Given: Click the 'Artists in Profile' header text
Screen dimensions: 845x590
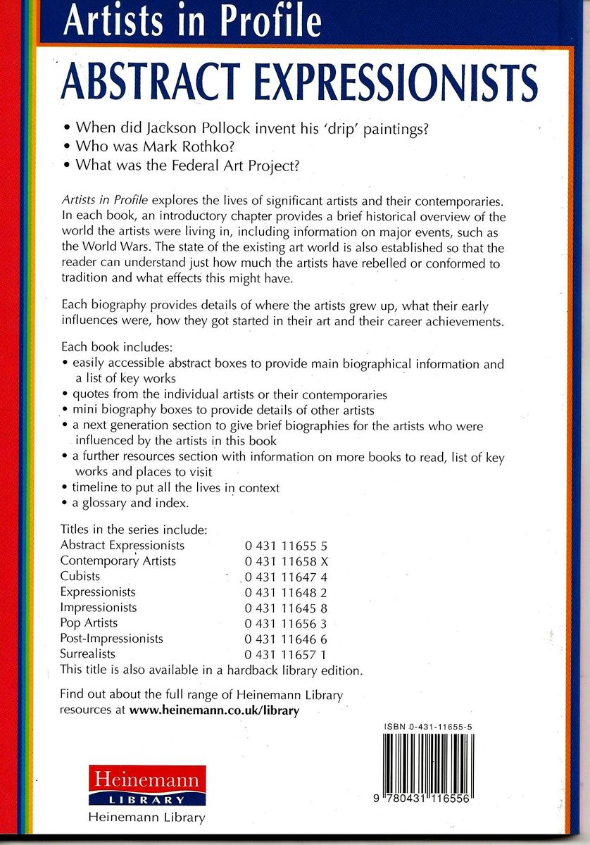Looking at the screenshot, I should [x=192, y=21].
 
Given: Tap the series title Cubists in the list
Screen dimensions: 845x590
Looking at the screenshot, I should [x=80, y=576].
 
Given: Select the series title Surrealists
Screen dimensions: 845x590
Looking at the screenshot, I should [x=87, y=654].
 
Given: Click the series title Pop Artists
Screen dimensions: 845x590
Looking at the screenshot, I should [x=89, y=623].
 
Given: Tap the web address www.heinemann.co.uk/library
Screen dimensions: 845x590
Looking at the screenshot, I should [x=214, y=711].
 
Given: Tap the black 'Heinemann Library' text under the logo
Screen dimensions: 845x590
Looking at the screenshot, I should [x=146, y=818].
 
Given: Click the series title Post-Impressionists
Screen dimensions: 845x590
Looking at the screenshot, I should [x=111, y=639].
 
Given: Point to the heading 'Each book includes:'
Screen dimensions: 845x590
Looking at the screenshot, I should [x=111, y=348].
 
